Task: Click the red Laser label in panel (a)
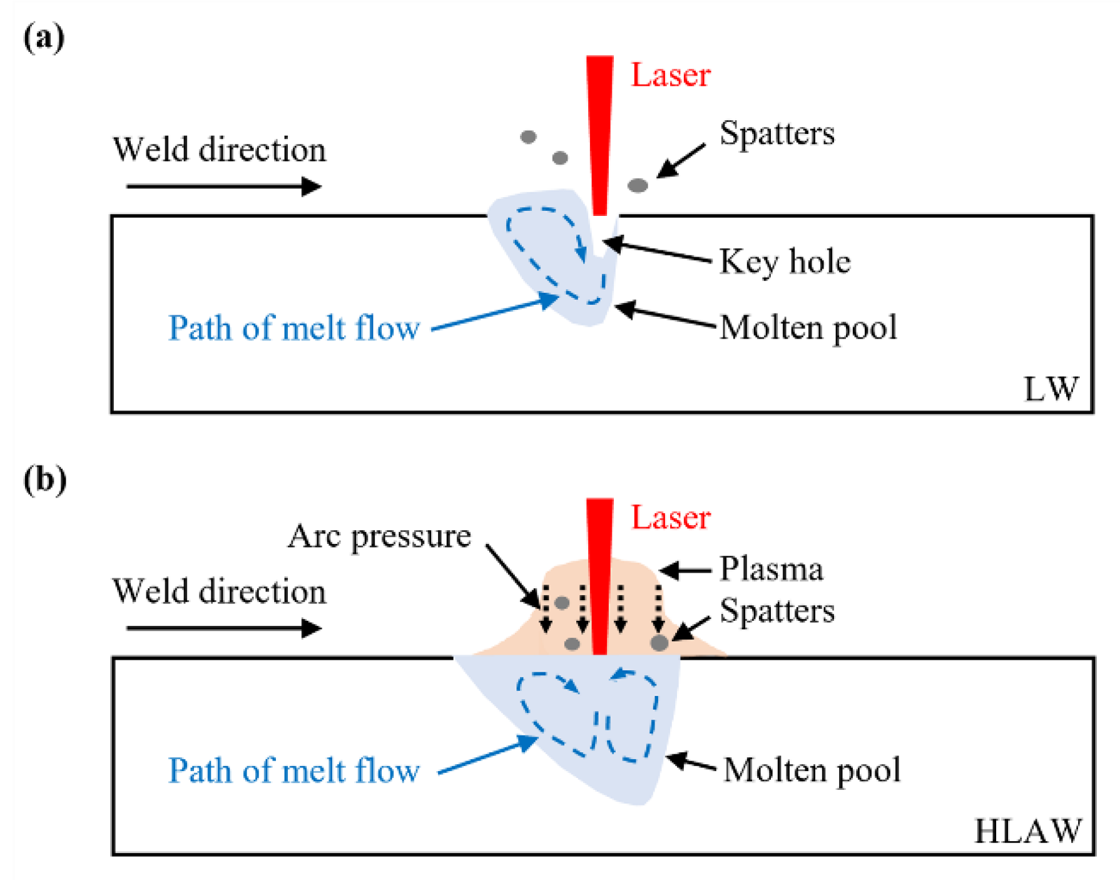(x=669, y=75)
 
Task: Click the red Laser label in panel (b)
(x=669, y=518)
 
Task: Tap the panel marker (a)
(x=43, y=38)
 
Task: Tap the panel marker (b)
(x=44, y=480)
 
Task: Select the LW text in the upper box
(x=1051, y=389)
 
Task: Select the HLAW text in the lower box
(x=1027, y=831)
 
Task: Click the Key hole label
(x=785, y=261)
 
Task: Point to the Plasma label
(x=771, y=569)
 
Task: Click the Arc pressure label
(x=379, y=536)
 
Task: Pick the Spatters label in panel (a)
(x=776, y=133)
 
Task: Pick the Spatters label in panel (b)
(x=776, y=610)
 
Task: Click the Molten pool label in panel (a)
(x=808, y=327)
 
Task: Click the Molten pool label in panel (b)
(x=812, y=769)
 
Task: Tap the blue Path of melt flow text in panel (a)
(x=293, y=328)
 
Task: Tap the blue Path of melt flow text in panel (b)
(x=293, y=770)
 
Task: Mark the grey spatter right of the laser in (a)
(x=637, y=185)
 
